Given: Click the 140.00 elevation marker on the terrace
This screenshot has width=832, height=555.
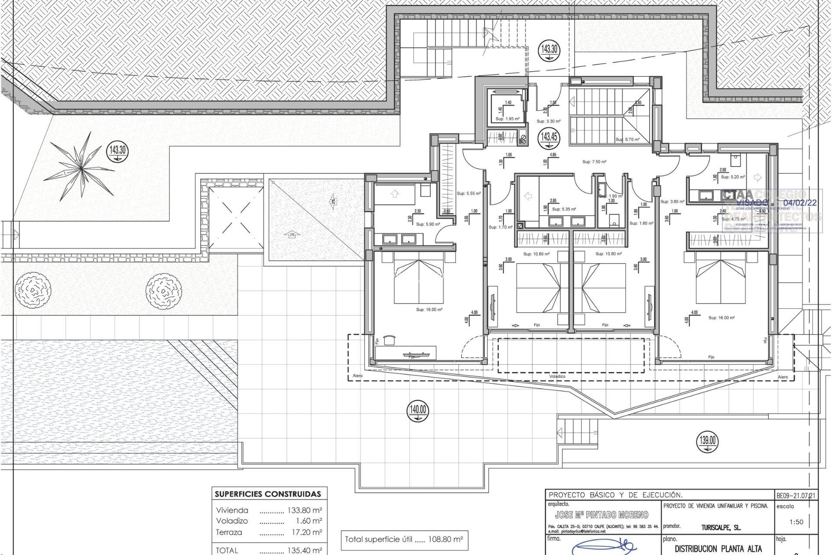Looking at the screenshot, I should [417, 411].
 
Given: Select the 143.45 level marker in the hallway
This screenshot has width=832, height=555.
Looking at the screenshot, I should [549, 138].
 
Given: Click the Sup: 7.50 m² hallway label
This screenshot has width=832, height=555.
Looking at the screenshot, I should [594, 162].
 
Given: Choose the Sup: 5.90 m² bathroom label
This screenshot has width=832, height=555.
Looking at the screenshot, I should [428, 224].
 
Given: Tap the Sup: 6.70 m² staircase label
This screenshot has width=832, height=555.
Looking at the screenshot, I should [627, 140].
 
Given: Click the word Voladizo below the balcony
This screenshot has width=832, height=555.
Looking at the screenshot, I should [557, 376].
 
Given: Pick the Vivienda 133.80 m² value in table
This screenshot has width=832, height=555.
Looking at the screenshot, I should [305, 510].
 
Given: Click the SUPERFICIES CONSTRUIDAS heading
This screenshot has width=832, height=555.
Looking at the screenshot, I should [268, 494].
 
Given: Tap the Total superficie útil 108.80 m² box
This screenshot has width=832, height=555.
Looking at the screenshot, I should [404, 540].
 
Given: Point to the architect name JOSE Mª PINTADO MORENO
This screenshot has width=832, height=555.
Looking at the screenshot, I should [601, 515].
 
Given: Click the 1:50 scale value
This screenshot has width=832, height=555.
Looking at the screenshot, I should [796, 522].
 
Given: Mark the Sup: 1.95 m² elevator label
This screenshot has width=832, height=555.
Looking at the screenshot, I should [507, 119].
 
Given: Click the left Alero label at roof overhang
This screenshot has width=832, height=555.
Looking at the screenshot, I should [357, 376].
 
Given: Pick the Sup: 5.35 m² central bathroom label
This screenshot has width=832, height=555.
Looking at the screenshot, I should [564, 209].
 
